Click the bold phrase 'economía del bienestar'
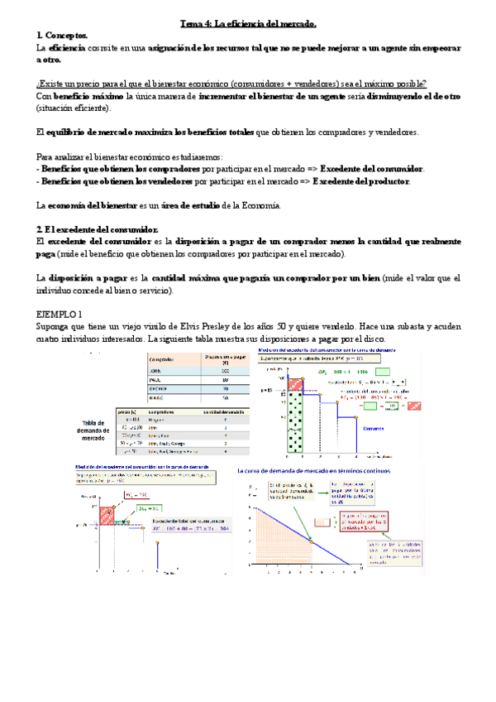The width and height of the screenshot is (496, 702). pos(93,204)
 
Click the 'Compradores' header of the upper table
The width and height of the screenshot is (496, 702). pos(166,359)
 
